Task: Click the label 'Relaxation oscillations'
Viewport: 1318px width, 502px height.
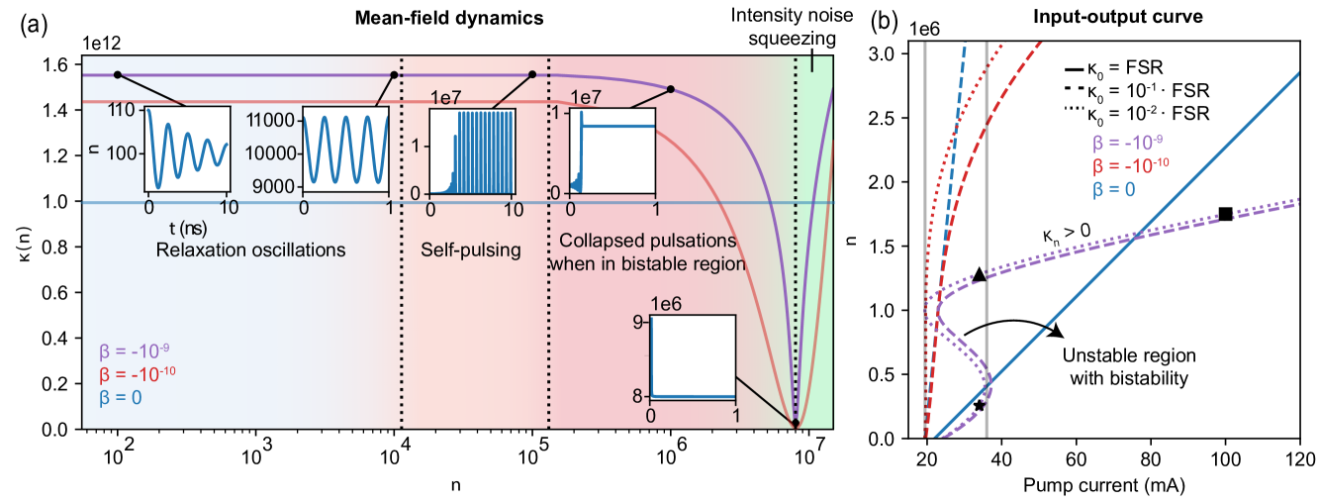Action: (x=250, y=250)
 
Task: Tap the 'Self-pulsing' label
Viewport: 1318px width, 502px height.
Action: (x=471, y=250)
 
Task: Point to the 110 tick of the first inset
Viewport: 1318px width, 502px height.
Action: (x=125, y=111)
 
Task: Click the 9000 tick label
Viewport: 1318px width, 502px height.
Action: (x=277, y=186)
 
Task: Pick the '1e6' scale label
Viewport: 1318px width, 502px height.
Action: (x=666, y=304)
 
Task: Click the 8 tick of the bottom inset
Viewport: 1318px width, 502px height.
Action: (x=639, y=396)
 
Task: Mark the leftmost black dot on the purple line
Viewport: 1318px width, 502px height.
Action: (x=118, y=75)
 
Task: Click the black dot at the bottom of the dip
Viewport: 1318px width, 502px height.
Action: (x=795, y=424)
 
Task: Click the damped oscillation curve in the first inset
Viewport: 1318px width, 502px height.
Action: (x=188, y=149)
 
